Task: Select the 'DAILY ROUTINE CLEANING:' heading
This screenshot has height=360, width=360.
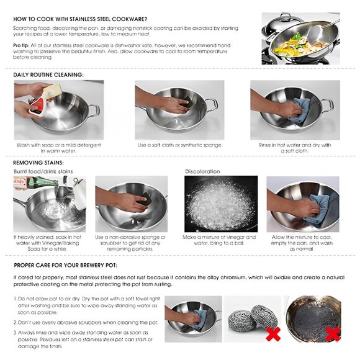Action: click(x=48, y=74)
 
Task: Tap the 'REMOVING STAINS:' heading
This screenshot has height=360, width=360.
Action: click(x=38, y=162)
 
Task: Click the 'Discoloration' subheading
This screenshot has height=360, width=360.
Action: click(x=202, y=171)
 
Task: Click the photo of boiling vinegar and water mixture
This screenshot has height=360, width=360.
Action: click(x=220, y=204)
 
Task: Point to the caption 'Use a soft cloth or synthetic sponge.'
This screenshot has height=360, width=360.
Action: click(x=179, y=145)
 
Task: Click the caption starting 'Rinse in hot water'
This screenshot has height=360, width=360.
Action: click(x=295, y=148)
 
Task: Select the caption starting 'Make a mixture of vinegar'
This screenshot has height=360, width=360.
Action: click(x=220, y=240)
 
